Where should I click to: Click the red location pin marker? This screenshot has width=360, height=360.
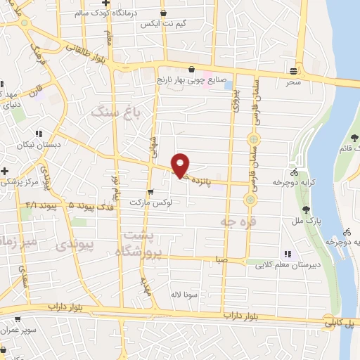(x=181, y=165)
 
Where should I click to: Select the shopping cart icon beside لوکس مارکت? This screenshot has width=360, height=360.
(x=150, y=191)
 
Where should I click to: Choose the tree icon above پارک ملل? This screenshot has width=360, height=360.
(x=306, y=209)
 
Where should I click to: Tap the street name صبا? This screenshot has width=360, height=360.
(x=221, y=259)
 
